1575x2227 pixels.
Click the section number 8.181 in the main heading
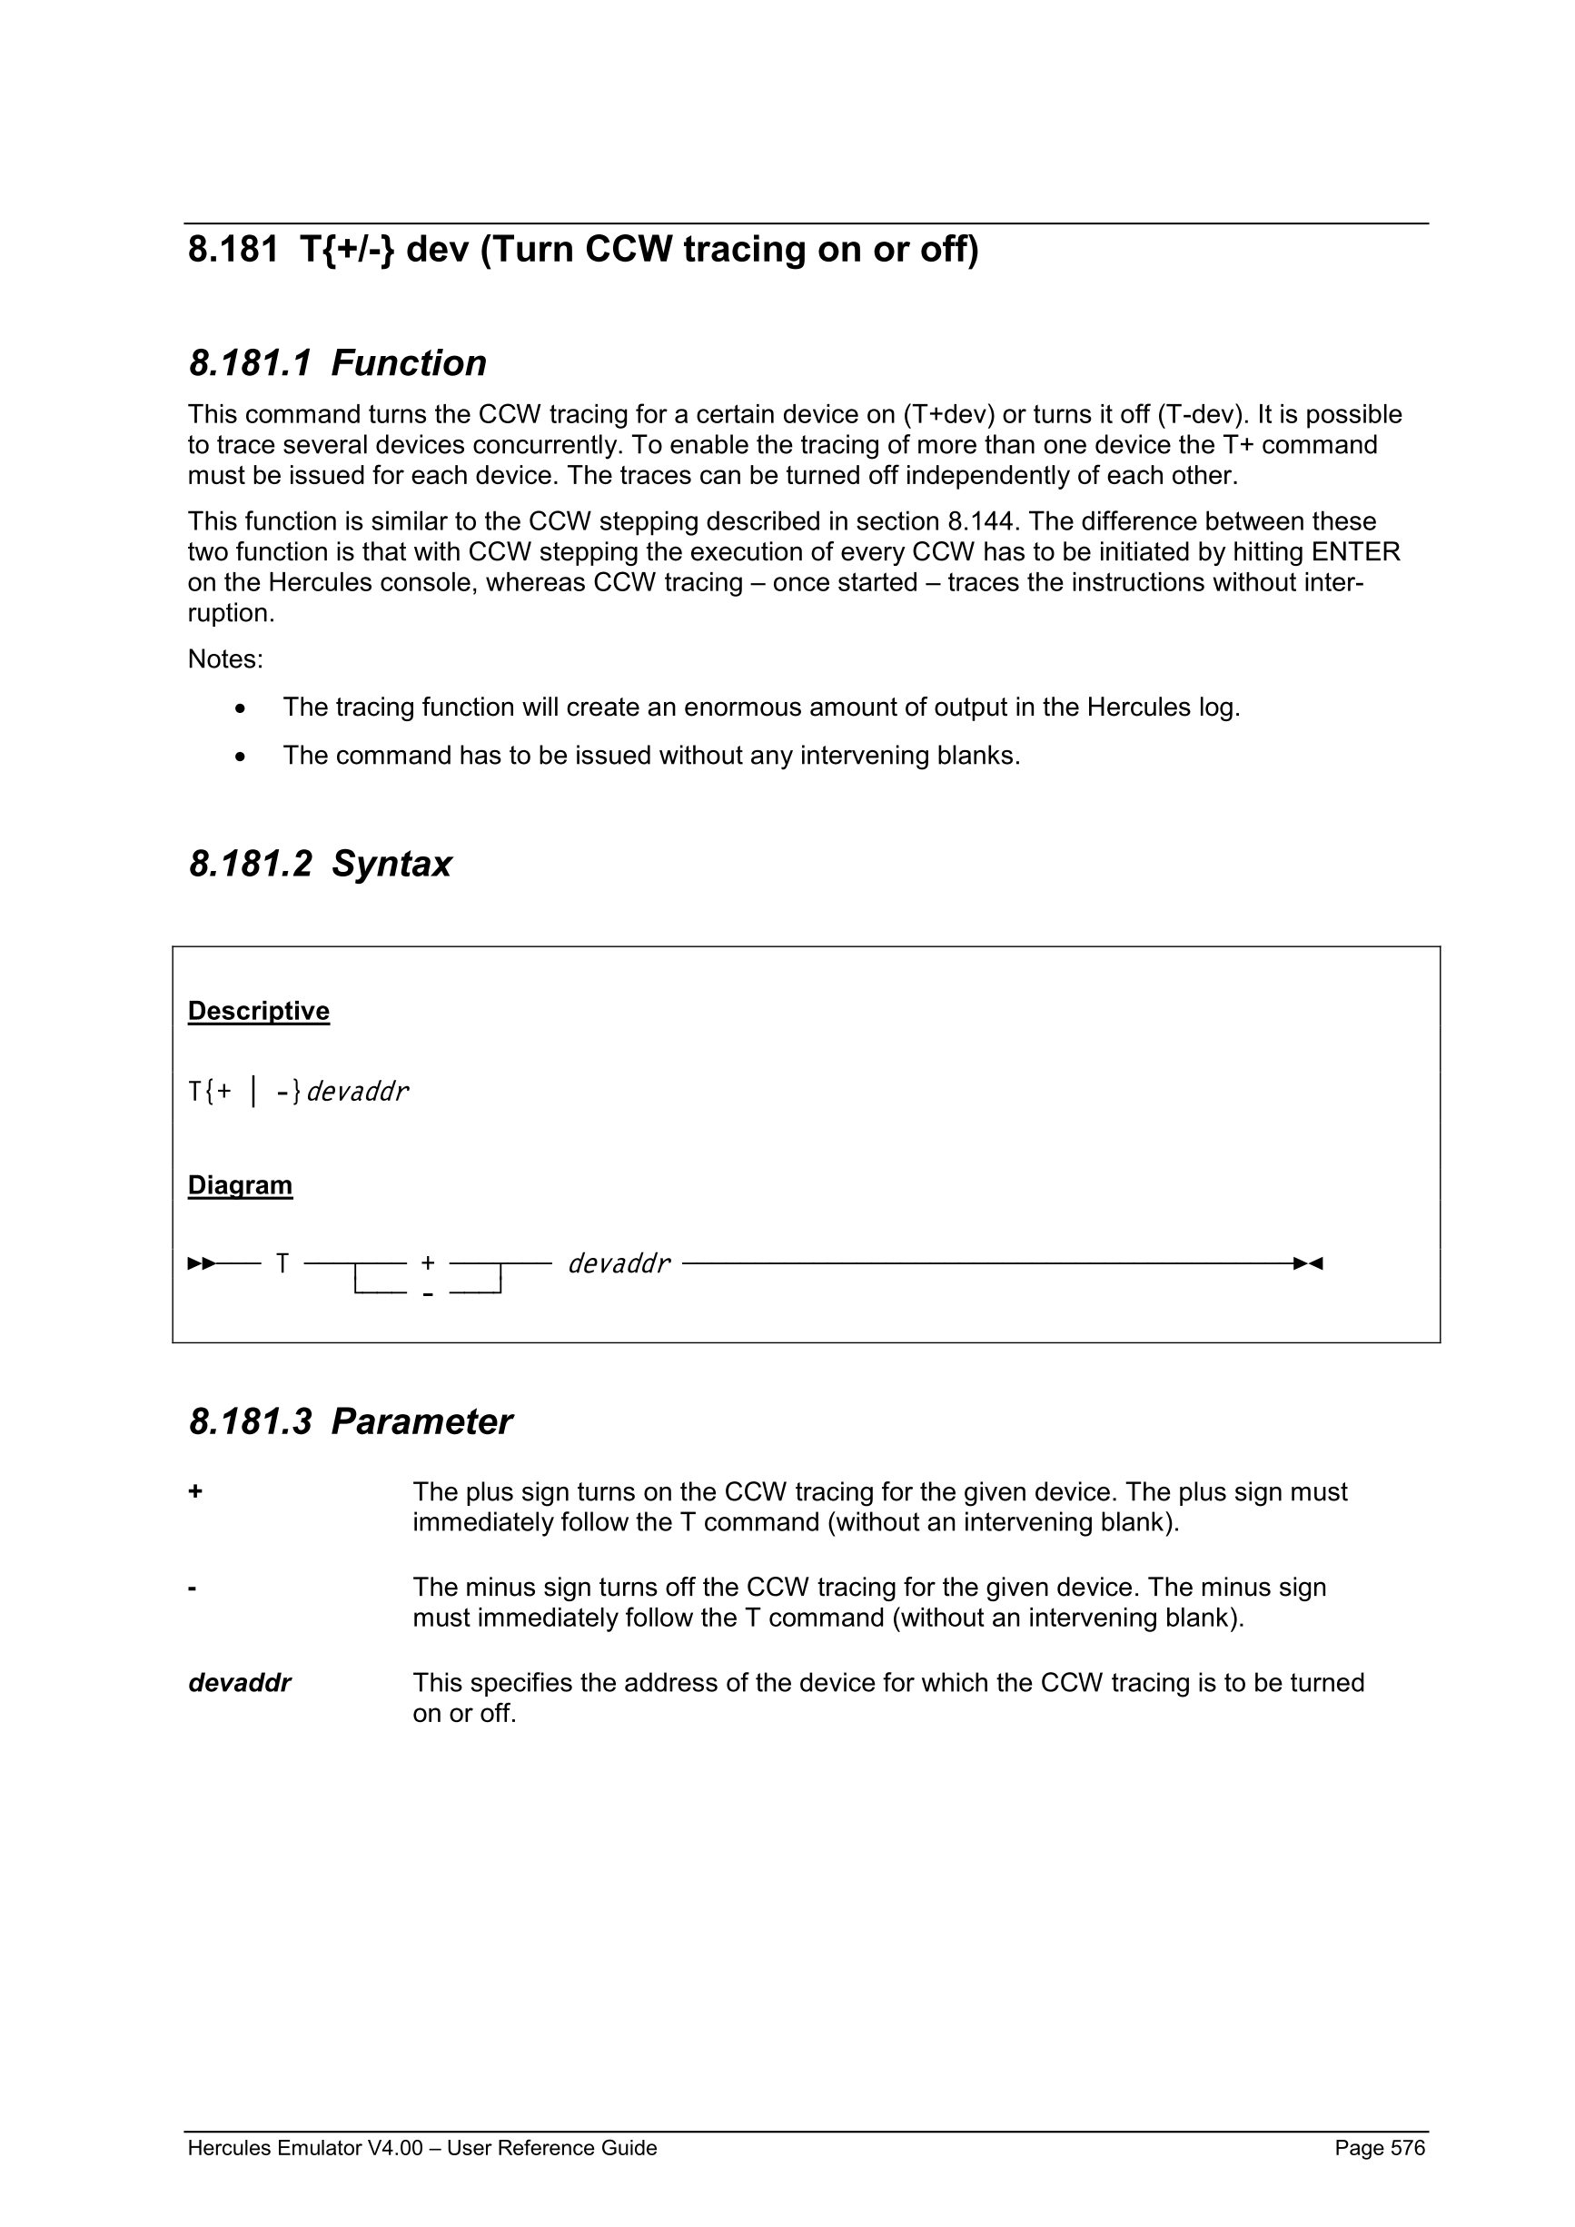pyautogui.click(x=233, y=251)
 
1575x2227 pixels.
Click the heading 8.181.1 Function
pyautogui.click(x=337, y=363)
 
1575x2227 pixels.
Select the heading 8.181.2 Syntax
pyautogui.click(x=319, y=865)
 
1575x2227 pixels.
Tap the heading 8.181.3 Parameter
pyautogui.click(x=349, y=1422)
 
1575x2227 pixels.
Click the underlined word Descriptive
pyautogui.click(x=258, y=1011)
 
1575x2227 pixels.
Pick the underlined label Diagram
pyautogui.click(x=240, y=1185)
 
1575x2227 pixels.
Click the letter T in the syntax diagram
pyautogui.click(x=282, y=1264)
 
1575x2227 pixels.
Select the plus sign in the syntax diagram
pyautogui.click(x=428, y=1264)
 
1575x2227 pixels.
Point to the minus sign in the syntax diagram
pyautogui.click(x=428, y=1293)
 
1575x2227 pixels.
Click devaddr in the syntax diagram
pyautogui.click(x=619, y=1264)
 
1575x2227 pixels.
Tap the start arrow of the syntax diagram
pyautogui.click(x=201, y=1264)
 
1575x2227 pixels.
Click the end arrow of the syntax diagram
pyautogui.click(x=1308, y=1264)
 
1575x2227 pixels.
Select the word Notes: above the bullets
pyautogui.click(x=225, y=659)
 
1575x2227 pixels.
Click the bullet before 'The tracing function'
pyautogui.click(x=241, y=709)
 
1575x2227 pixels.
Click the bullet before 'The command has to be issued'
pyautogui.click(x=241, y=757)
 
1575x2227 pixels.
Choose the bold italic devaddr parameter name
pyautogui.click(x=239, y=1683)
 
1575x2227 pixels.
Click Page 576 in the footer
pyautogui.click(x=1379, y=2148)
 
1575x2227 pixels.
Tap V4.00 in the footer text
pyautogui.click(x=395, y=2148)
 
